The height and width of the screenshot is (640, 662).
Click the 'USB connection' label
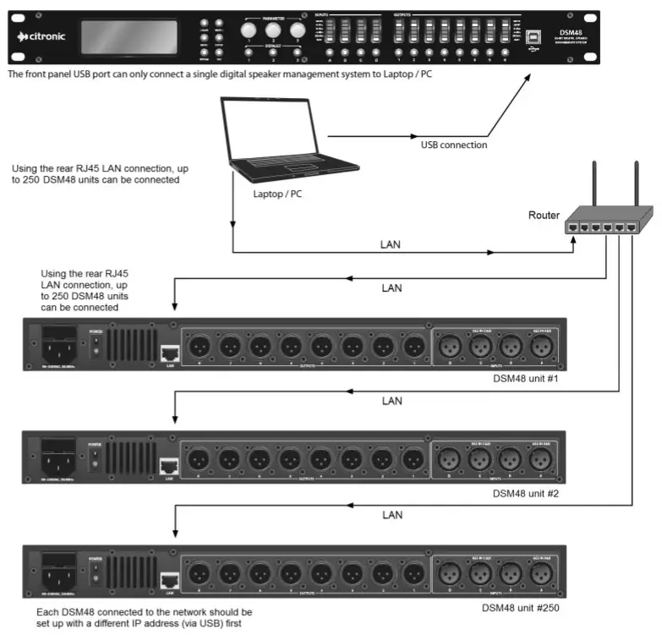[x=454, y=145]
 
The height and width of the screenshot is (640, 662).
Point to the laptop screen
[x=269, y=129]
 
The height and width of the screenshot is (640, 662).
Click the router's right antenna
[x=634, y=181]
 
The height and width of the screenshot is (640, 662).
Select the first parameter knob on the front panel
[x=249, y=30]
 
